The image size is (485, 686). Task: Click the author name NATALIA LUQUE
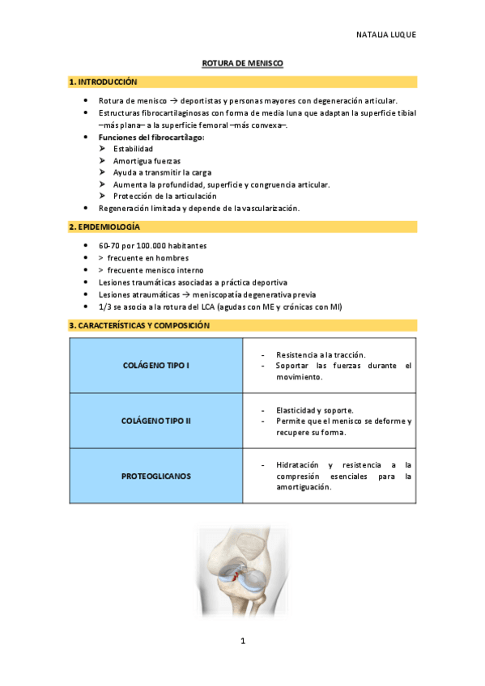click(x=385, y=36)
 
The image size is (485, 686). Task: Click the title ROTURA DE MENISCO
click(x=242, y=63)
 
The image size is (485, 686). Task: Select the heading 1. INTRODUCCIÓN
click(x=103, y=83)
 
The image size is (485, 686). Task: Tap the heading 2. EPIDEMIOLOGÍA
click(x=104, y=227)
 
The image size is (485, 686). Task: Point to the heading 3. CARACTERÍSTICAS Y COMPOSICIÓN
click(x=139, y=325)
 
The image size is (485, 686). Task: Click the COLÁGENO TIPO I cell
click(x=155, y=366)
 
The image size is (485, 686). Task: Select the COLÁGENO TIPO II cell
click(x=155, y=421)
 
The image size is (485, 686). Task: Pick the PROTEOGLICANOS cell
click(x=155, y=476)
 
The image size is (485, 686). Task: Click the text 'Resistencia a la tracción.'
click(x=321, y=355)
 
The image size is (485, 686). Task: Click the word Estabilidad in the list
click(x=133, y=149)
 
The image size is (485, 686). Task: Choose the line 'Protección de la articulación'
click(x=165, y=196)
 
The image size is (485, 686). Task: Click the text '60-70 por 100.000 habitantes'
click(x=152, y=246)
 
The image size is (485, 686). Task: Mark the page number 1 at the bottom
click(x=242, y=642)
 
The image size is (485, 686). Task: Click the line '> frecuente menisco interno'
click(x=151, y=270)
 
